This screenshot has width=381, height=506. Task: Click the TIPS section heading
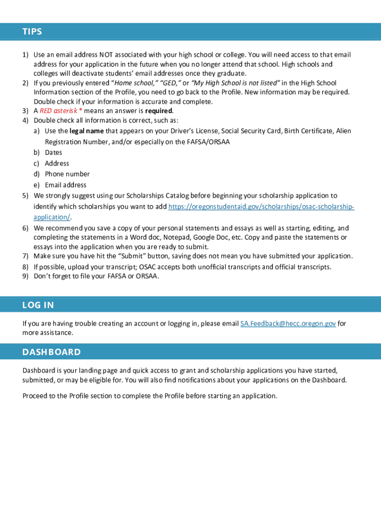coord(32,32)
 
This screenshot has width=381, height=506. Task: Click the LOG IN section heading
coord(38,305)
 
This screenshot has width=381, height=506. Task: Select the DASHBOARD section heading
coord(51,352)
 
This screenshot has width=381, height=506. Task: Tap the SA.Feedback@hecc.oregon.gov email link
coord(288,324)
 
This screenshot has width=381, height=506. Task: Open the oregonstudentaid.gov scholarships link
coord(261,207)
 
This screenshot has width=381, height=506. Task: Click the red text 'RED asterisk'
coord(58,111)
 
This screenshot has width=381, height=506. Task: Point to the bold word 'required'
coord(158,111)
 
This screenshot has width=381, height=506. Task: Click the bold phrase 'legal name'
coord(87,131)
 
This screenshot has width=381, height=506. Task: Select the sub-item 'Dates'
coord(53,153)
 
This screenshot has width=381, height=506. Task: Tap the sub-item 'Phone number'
coord(67,174)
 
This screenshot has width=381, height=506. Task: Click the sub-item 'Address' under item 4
coord(57,164)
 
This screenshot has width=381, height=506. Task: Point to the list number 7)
coord(25,256)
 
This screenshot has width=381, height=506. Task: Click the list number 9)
coord(25,276)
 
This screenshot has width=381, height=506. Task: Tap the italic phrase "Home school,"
coord(135,83)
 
